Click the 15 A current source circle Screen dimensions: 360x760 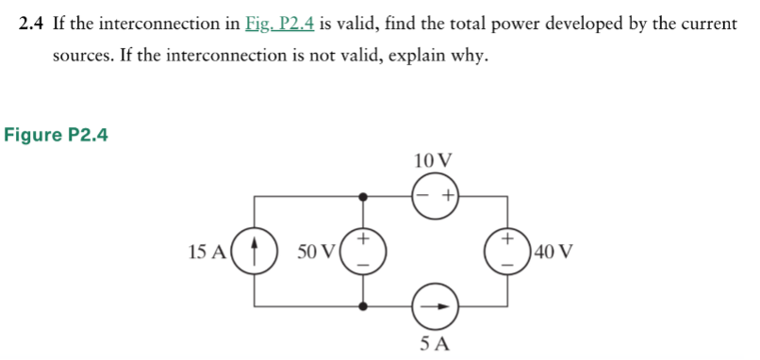pyautogui.click(x=254, y=252)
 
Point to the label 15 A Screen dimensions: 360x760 pyautogui.click(x=207, y=253)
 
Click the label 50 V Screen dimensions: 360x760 pyautogui.click(x=316, y=253)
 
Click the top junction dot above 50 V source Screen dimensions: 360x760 pyautogui.click(x=364, y=197)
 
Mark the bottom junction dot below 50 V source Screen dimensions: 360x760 pyautogui.click(x=364, y=306)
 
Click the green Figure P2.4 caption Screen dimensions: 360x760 pyautogui.click(x=57, y=135)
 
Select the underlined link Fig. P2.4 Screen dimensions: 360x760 pyautogui.click(x=278, y=24)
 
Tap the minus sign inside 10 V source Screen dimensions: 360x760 pyautogui.click(x=423, y=196)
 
